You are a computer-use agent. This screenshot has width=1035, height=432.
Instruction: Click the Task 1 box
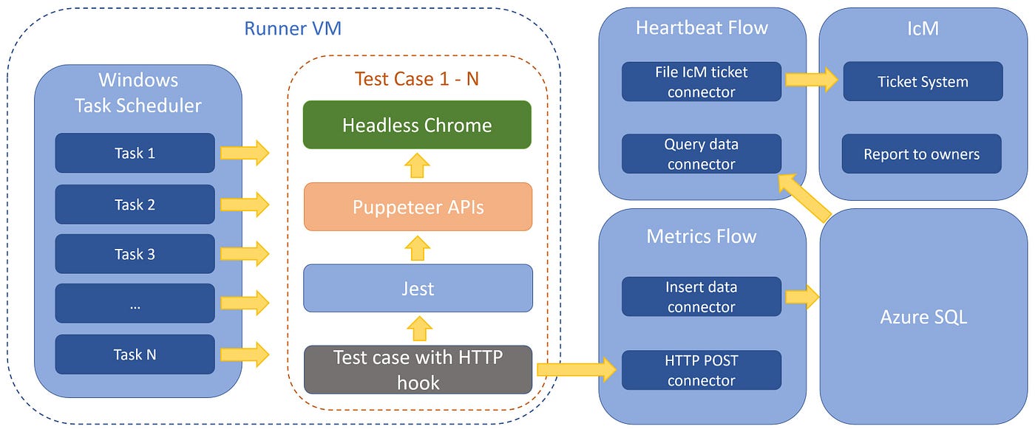pos(135,153)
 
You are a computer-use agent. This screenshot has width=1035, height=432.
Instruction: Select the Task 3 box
pos(135,254)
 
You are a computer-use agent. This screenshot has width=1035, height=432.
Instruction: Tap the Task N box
pos(135,354)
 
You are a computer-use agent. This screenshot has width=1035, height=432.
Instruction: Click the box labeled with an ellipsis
pos(135,304)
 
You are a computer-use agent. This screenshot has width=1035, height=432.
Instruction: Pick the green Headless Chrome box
pos(417,125)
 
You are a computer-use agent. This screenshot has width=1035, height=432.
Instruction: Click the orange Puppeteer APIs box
pos(418,207)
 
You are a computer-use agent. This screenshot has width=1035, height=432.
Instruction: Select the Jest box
pos(418,288)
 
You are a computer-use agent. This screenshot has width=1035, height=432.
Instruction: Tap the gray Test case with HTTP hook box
pos(418,369)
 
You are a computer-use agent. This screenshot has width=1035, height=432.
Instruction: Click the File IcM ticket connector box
pos(701,81)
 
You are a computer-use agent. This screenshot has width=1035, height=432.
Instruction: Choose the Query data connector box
pos(701,154)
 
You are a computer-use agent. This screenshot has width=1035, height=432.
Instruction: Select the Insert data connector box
pos(701,296)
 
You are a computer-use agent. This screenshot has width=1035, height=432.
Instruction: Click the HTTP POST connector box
pos(701,370)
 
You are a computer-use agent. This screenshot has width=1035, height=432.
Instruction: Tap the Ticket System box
pos(923,81)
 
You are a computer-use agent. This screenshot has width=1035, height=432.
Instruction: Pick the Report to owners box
pos(921,154)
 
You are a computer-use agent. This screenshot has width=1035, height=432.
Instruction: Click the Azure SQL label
pos(923,318)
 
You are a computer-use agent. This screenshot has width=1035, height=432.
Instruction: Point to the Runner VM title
pos(292,30)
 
